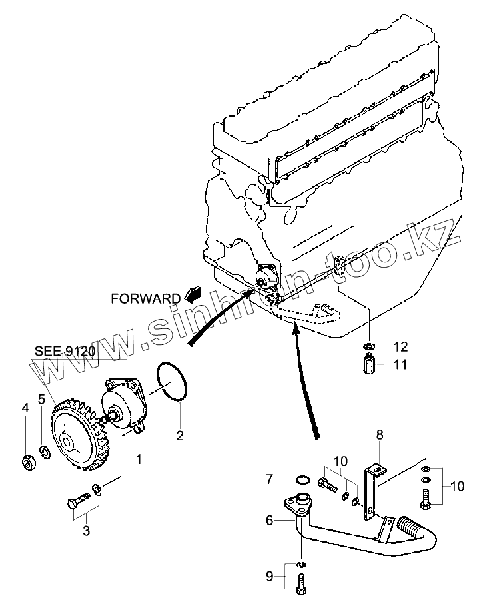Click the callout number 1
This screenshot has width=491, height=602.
[139, 459]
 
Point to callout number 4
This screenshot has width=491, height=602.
[26, 408]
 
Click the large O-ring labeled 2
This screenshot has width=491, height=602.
[175, 382]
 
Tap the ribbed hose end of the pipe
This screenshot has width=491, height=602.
[408, 532]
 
